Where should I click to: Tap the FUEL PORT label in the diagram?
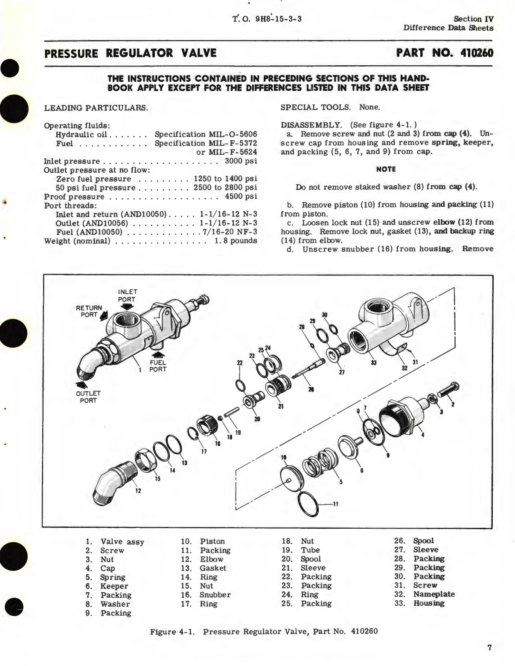coord(157,366)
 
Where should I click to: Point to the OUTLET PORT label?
coord(88,397)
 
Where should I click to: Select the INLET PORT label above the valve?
coord(127,295)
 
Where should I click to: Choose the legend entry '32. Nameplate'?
coord(424,594)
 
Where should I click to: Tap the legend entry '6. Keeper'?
coord(107,586)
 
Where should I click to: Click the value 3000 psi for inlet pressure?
coord(241,161)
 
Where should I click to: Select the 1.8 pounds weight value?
coord(236,241)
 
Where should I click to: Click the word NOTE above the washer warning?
coord(386,169)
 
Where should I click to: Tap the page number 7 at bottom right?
coord(489,648)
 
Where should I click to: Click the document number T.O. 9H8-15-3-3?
coord(268,19)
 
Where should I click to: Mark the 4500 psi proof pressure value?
coord(241,197)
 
